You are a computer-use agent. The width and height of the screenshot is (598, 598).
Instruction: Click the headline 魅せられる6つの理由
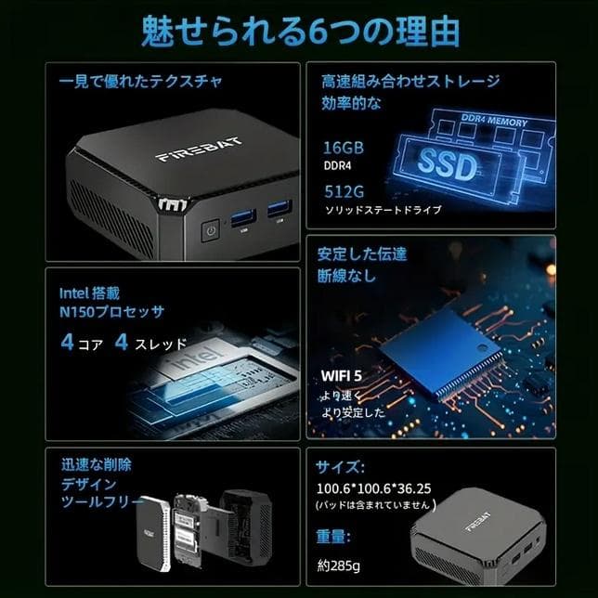coord(299,31)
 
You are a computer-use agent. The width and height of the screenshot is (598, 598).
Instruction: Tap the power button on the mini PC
coord(210,227)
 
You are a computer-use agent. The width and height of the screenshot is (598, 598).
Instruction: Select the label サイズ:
coord(340,466)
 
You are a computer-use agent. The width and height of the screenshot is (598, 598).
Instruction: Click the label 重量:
coord(333,536)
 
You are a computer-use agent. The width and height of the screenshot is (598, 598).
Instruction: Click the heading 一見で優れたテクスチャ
coord(140,81)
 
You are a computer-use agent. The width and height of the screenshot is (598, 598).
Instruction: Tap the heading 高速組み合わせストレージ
coord(409,81)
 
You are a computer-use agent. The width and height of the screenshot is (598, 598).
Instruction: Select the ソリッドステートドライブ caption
coord(383,211)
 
